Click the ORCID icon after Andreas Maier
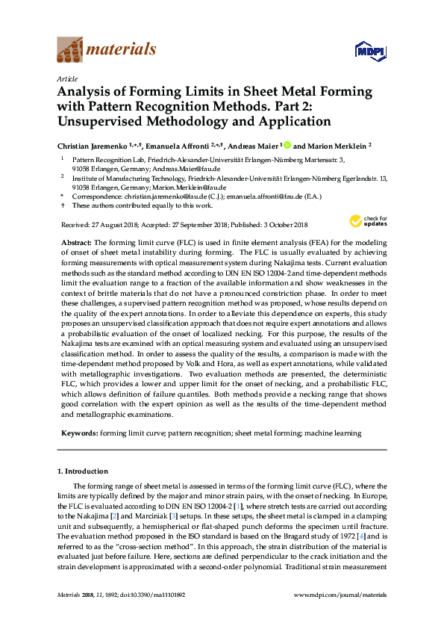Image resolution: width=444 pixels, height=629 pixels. coord(286,146)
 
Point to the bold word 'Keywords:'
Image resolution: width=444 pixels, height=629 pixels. coord(78,433)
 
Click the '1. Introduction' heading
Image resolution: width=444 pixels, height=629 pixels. coord(83,471)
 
